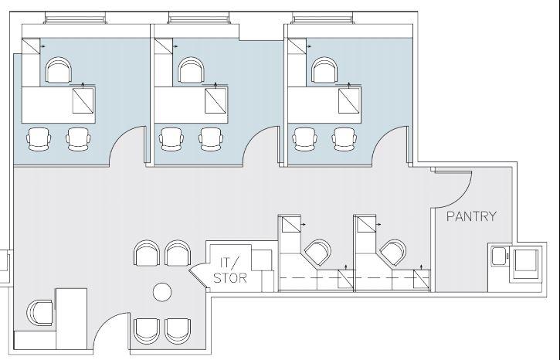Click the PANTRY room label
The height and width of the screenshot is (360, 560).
471,216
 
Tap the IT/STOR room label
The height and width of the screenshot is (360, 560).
230,270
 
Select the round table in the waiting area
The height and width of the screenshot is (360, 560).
162,292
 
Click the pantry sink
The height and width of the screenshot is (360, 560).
499,256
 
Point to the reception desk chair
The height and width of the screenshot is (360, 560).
40,313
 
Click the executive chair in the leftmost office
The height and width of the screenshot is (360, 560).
59,70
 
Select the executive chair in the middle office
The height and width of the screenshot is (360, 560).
191,70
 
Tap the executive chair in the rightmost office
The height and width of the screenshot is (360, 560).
324,70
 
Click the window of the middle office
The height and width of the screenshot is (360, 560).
199,18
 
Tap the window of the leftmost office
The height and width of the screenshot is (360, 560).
76,18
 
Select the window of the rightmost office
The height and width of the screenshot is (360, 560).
323,18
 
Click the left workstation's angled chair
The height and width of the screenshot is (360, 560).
317,253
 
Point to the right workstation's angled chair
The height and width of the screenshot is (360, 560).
393,253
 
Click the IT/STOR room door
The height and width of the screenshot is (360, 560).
198,275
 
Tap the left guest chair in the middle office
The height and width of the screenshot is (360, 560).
171,139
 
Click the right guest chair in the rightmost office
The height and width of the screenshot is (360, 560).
344,139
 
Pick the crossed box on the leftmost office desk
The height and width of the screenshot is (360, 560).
83,100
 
